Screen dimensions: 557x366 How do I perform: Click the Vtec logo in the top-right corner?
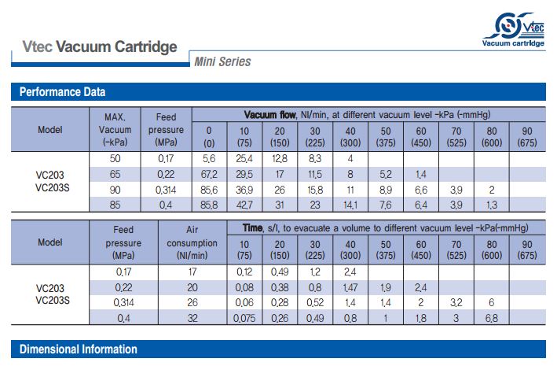514,30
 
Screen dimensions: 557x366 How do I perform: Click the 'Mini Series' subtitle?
222,61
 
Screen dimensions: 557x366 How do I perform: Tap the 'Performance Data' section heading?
62,92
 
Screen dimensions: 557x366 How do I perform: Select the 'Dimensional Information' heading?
78,349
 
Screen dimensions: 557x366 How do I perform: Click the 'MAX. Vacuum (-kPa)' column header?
115,130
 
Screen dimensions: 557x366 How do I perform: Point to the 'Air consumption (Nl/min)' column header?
192,242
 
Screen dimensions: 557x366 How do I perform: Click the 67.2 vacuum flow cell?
209,175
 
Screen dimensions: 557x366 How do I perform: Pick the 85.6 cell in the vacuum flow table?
209,190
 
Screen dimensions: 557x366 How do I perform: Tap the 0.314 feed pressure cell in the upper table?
166,190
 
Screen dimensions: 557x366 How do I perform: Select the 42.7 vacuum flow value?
244,205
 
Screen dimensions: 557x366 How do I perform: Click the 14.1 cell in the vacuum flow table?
350,205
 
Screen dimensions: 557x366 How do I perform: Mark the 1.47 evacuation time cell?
350,287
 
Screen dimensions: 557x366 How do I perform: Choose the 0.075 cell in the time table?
244,318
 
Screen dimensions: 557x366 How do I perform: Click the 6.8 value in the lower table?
492,318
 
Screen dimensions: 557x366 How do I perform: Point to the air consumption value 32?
192,318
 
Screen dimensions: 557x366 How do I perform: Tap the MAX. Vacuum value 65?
115,175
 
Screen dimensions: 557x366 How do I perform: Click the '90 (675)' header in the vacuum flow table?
527,137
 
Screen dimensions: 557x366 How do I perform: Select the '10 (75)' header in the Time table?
244,250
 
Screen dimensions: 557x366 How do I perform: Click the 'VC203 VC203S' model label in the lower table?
53,294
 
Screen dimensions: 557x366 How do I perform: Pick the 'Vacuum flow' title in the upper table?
270,115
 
